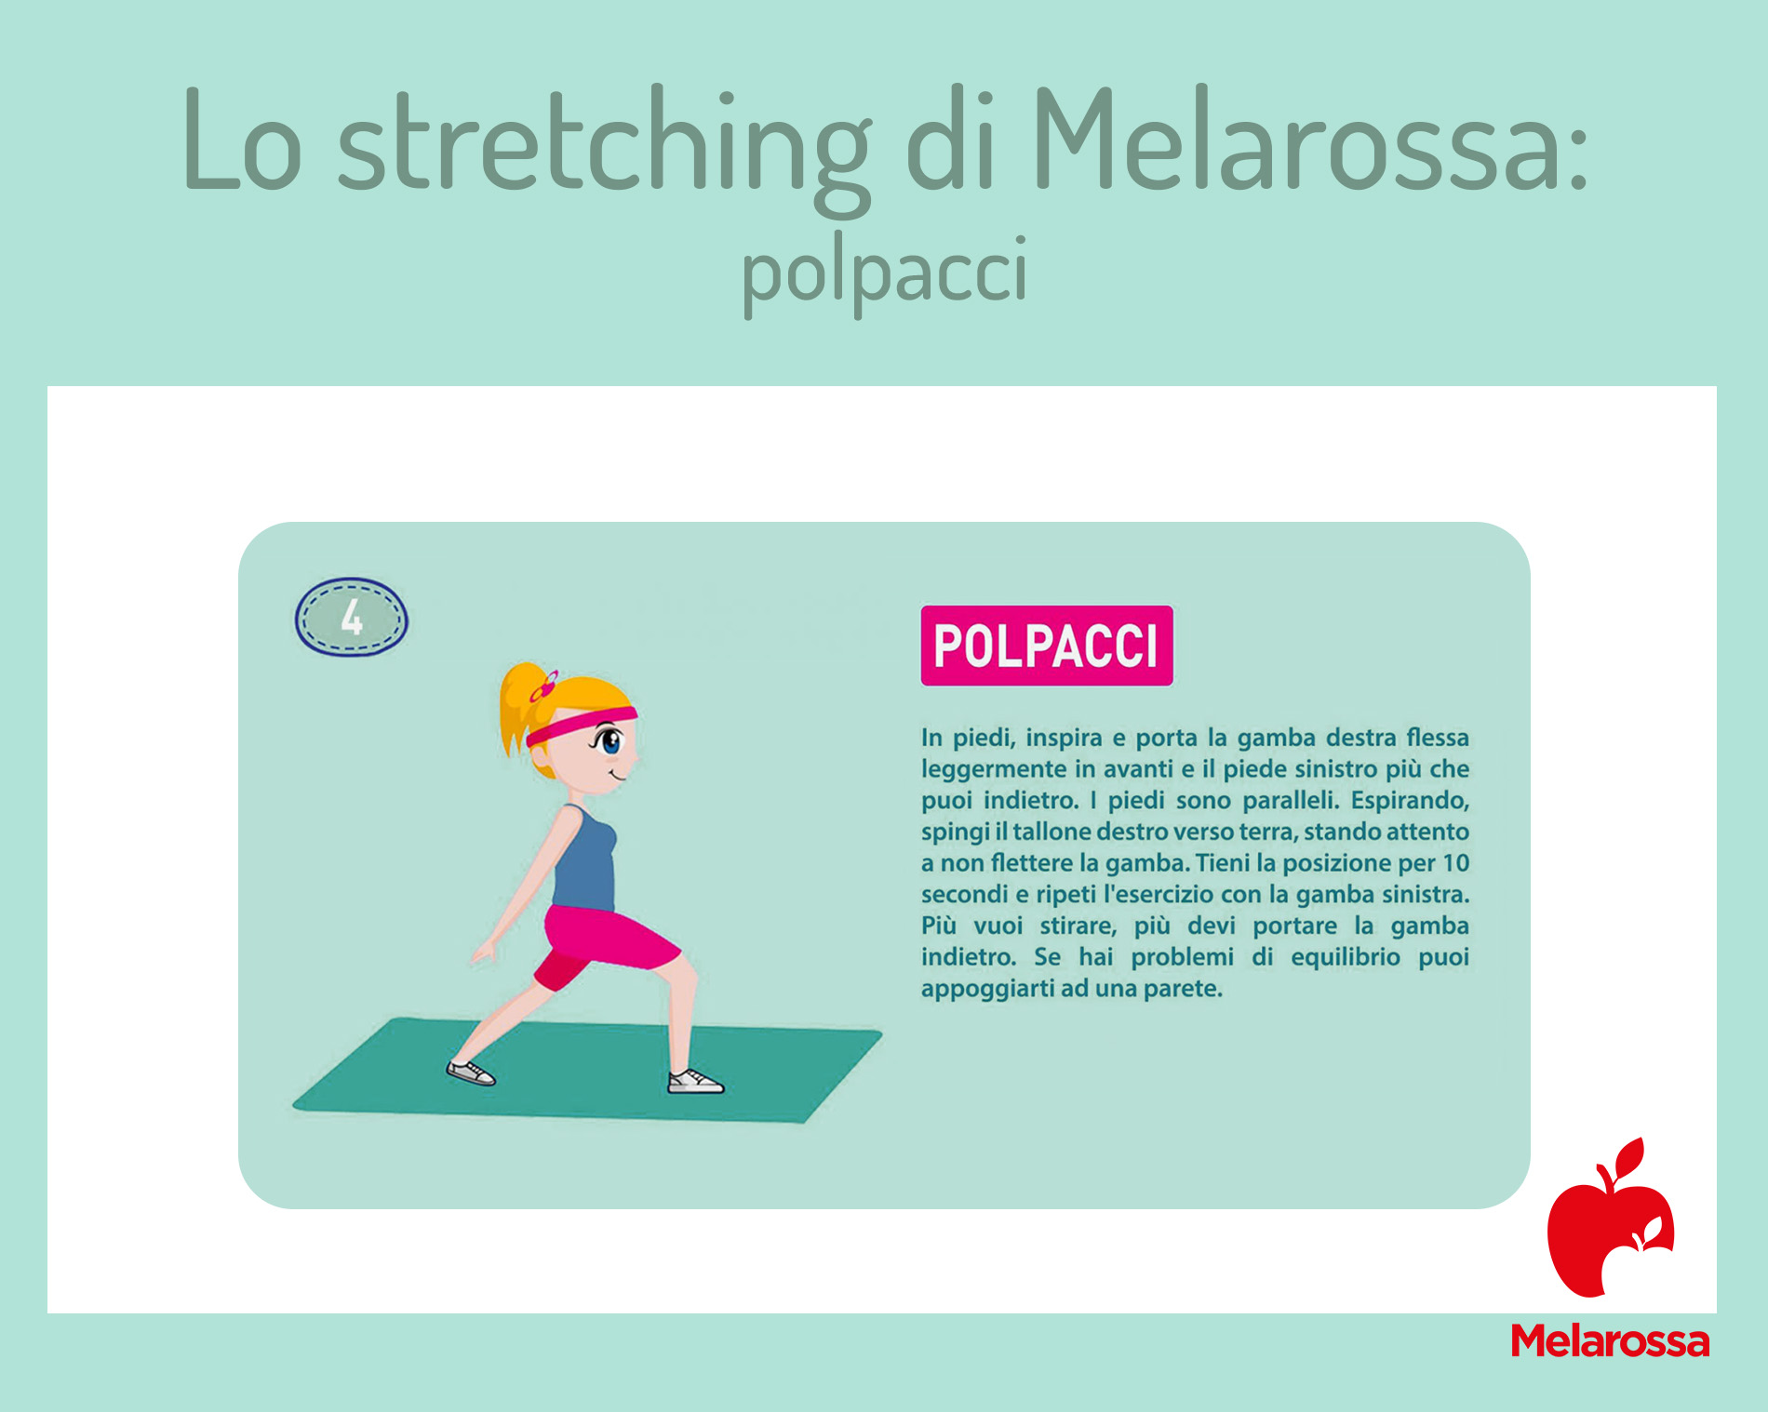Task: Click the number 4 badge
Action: [352, 618]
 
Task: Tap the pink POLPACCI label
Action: [1047, 646]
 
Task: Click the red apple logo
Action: [1611, 1218]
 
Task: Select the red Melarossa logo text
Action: [1611, 1342]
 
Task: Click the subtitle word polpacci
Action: [885, 273]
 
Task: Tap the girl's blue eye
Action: [610, 742]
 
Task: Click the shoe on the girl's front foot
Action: [695, 1081]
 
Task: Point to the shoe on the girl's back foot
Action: [471, 1072]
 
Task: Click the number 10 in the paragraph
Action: [1455, 863]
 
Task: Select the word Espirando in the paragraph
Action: [1410, 801]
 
